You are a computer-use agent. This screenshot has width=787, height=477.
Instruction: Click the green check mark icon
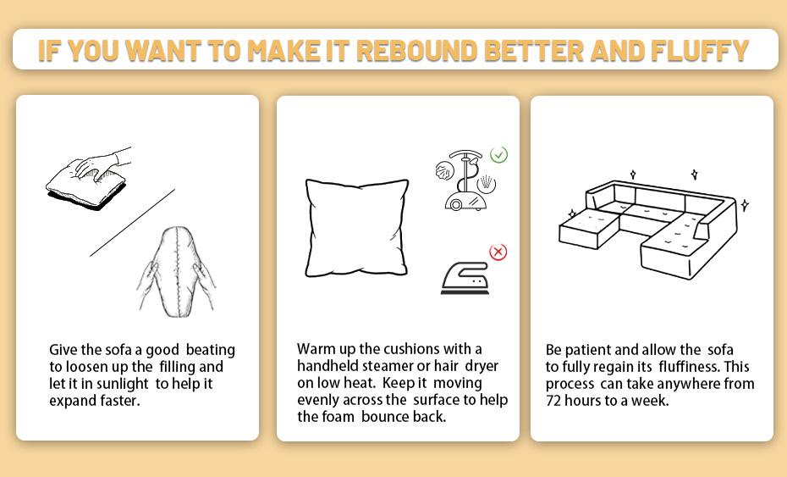point(499,154)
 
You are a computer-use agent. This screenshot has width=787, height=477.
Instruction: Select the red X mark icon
point(498,252)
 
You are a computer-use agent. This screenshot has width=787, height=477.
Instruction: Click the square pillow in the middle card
point(356,228)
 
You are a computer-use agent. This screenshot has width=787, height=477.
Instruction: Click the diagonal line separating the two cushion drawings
point(132,222)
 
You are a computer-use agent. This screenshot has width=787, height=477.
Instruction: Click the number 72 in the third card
point(554,401)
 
